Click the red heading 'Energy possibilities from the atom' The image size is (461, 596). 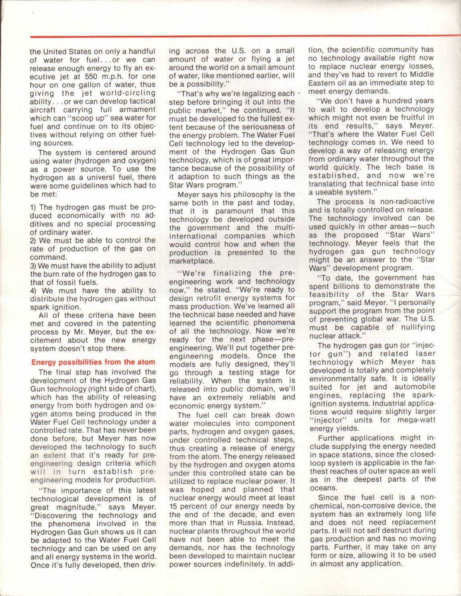click(x=93, y=362)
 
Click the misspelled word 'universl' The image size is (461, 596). click(x=103, y=177)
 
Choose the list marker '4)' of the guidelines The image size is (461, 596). click(x=33, y=291)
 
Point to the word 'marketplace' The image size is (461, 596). click(x=192, y=261)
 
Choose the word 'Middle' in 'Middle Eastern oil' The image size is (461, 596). click(x=421, y=75)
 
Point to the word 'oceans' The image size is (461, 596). click(x=323, y=488)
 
